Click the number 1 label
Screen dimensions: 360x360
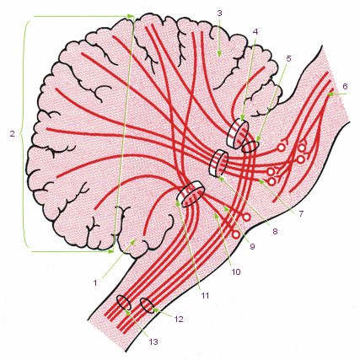tap(95, 282)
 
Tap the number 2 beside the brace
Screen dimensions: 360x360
tap(12, 133)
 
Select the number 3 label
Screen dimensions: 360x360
tap(219, 13)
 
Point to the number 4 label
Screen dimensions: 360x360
tap(255, 32)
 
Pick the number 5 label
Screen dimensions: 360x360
tap(288, 58)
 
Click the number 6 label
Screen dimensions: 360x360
tap(345, 86)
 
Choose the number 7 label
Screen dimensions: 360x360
tap(301, 214)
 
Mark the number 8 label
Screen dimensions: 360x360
tap(275, 231)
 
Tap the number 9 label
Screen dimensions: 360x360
tap(252, 246)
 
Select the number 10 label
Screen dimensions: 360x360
tap(236, 271)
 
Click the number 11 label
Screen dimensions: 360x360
tap(205, 295)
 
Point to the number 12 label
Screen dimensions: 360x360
tap(179, 319)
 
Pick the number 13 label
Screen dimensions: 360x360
tap(153, 341)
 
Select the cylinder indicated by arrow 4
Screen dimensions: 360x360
tap(238, 134)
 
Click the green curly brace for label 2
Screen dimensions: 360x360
tap(24, 133)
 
